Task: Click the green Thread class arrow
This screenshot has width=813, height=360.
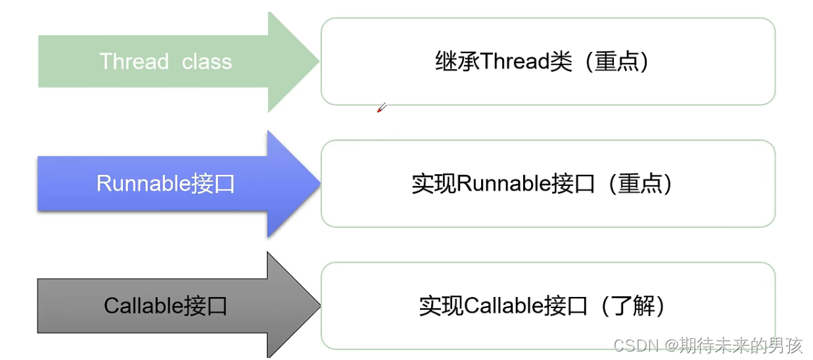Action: [x=164, y=62]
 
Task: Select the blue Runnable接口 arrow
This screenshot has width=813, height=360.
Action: [x=164, y=183]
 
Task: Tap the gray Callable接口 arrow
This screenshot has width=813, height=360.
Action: [x=164, y=305]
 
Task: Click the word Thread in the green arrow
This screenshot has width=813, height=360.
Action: [x=134, y=62]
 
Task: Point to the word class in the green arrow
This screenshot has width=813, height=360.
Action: [x=207, y=62]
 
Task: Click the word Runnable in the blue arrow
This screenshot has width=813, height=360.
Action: [x=143, y=183]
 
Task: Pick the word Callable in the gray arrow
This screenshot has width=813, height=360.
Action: [x=143, y=305]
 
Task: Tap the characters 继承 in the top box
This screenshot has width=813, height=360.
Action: [x=457, y=62]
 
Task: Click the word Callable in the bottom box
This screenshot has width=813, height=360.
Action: [x=503, y=306]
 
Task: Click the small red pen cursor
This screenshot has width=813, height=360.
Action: [x=381, y=108]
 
